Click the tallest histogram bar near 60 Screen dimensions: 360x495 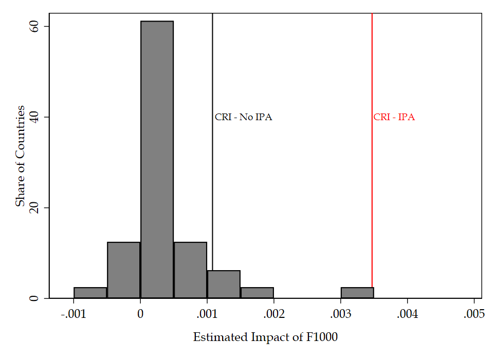[157, 159]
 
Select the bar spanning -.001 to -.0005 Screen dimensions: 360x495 [90, 293]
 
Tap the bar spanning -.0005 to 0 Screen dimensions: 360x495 [123, 270]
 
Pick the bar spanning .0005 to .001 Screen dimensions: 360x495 [190, 270]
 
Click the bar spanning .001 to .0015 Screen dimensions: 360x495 [224, 285]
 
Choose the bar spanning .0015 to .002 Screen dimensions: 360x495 [257, 293]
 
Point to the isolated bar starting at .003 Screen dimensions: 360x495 [357, 293]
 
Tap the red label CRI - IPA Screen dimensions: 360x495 [394, 117]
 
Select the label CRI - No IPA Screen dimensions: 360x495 [243, 117]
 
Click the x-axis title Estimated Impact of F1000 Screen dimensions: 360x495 [265, 337]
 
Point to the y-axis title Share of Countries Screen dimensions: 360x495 [20, 156]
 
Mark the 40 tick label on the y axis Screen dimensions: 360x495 [32, 117]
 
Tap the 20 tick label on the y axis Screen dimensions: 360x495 [32, 207]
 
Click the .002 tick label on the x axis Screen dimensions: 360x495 [273, 313]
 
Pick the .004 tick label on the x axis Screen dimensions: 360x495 [407, 313]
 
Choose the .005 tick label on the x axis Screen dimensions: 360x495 [473, 313]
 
